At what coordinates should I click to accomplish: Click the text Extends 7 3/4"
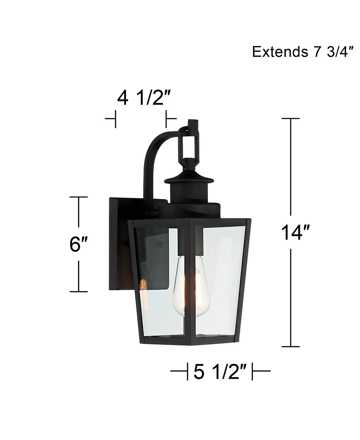pos(300,52)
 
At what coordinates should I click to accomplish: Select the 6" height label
pos(79,245)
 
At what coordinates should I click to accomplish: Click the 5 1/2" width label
pos(220,372)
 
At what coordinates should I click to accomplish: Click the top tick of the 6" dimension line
pos(79,197)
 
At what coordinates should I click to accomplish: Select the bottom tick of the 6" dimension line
pos(79,292)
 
